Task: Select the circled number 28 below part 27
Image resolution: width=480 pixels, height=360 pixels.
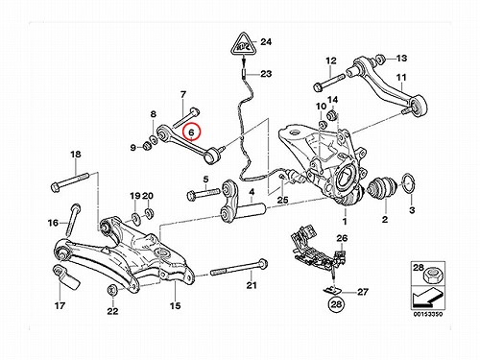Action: (336, 304)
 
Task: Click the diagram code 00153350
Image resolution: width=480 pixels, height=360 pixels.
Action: (428, 314)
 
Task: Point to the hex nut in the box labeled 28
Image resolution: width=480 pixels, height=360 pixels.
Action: (431, 276)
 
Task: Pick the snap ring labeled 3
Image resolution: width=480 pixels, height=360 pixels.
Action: (407, 183)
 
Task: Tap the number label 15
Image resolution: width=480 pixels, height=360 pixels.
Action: (175, 305)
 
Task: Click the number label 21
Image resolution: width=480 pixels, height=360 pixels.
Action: (252, 285)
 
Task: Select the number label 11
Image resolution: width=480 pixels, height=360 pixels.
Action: (401, 78)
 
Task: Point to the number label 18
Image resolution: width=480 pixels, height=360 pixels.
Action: (76, 155)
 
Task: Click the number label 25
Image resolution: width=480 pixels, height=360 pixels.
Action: (282, 201)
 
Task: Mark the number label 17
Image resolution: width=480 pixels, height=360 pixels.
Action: (60, 305)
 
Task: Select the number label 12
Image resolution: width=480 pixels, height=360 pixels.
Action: (331, 60)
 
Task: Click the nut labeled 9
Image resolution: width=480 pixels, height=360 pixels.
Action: (147, 146)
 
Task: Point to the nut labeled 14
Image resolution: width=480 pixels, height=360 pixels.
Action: (332, 115)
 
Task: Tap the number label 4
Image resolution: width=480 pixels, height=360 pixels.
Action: (252, 192)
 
